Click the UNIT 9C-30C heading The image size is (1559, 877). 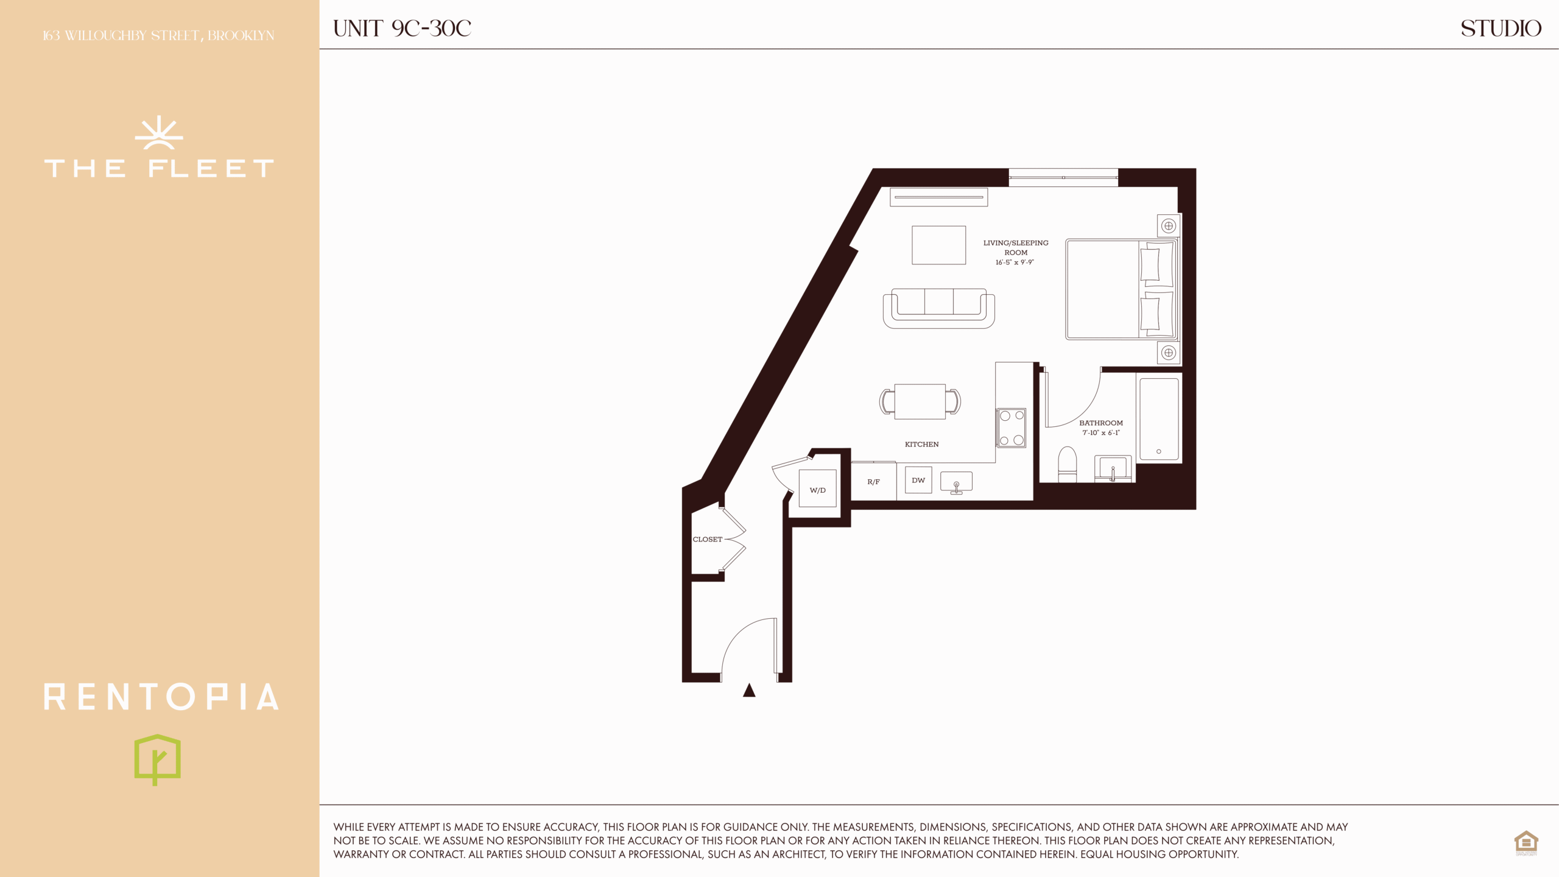point(402,28)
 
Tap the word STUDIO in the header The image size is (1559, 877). point(1501,28)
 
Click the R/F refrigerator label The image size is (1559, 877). point(873,482)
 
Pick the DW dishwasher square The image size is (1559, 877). point(918,480)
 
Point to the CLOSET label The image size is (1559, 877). point(707,539)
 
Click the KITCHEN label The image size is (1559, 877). point(921,444)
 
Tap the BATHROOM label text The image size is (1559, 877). point(1101,423)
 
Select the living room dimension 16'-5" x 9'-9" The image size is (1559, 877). point(1015,262)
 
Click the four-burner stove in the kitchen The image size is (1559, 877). point(1012,428)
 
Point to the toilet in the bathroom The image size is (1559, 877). point(1068,464)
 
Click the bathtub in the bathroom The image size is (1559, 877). point(1159,419)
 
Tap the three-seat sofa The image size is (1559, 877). point(939,308)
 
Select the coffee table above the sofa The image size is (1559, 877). point(938,245)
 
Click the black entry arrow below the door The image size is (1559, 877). point(749,690)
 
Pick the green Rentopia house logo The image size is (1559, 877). point(157,759)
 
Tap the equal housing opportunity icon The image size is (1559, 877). point(1526,842)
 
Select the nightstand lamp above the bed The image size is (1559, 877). point(1168,226)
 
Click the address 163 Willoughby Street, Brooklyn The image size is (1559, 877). point(158,36)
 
